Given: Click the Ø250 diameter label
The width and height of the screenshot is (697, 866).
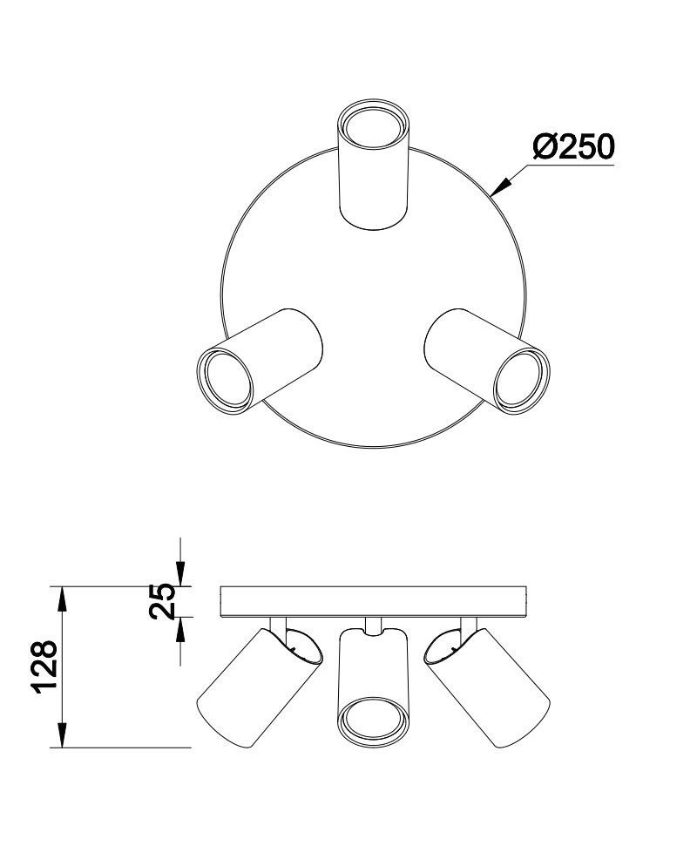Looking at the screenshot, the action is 573,146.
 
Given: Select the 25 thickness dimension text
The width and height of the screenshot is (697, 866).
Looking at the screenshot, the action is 162,600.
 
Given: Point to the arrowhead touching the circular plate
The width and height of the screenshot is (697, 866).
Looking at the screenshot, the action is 500,186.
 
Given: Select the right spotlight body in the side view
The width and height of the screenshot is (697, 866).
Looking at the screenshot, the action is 487,687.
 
